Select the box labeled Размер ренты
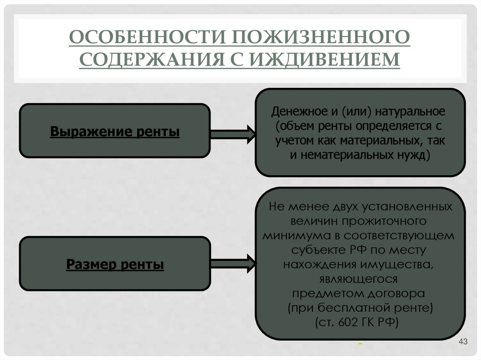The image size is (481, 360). point(115,265)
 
